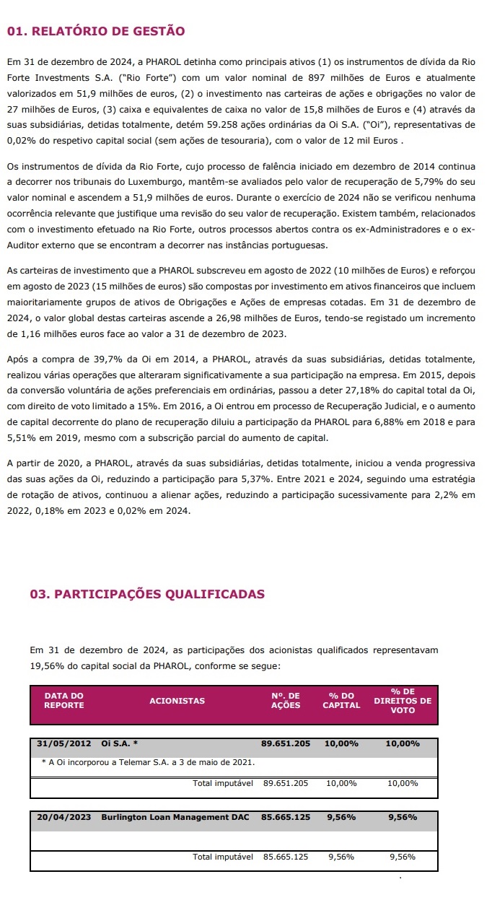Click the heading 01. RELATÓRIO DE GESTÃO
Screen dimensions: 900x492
coord(95,31)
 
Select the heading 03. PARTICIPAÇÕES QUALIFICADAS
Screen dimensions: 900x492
coord(135,595)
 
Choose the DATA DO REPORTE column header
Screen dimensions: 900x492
coord(63,700)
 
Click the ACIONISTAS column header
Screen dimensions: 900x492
coord(177,700)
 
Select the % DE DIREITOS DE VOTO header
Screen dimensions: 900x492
coord(403,700)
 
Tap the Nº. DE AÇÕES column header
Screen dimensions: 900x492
coord(285,700)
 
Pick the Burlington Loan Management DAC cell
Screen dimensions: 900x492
coord(175,818)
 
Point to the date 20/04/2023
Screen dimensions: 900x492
coord(63,818)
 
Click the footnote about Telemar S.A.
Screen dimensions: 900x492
coord(149,762)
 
